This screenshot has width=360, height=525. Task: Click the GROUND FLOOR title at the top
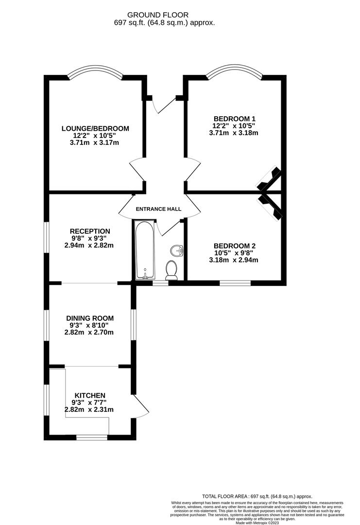(157, 15)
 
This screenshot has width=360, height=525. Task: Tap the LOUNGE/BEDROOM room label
(95, 128)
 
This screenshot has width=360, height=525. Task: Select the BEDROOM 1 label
(235, 119)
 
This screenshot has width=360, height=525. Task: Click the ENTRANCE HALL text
(158, 209)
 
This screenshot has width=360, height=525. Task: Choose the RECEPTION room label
(90, 231)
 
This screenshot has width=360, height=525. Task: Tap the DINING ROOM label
(90, 318)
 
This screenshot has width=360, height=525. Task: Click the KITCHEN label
(90, 395)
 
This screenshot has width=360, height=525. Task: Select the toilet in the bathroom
(171, 270)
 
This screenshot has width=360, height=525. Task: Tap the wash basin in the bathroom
(177, 251)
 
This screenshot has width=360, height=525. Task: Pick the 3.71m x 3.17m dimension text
(95, 143)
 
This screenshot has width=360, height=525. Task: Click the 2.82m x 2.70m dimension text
(90, 332)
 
